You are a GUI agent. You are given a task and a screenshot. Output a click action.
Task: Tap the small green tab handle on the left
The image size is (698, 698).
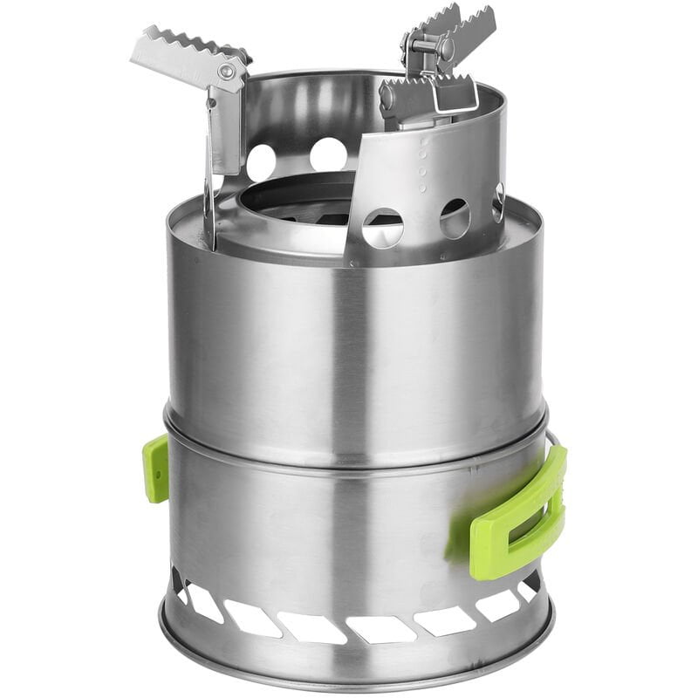[156, 469]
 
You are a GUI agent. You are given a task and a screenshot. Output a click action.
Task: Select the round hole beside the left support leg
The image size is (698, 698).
[261, 162]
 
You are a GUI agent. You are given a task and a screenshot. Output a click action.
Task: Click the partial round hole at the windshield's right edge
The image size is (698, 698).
[499, 202]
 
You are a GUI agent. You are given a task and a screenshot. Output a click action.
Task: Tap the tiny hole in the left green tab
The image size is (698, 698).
[160, 472]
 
